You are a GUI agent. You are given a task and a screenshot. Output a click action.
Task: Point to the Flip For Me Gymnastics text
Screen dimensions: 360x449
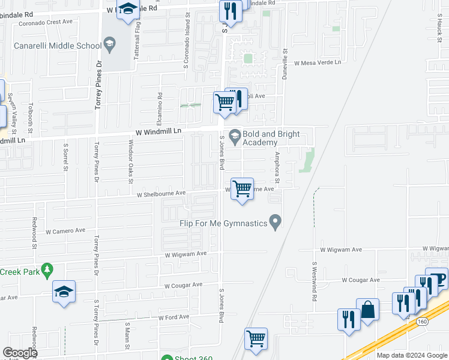point(223,224)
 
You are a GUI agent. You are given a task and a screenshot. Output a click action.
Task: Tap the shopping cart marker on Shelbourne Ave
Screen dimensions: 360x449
point(242,189)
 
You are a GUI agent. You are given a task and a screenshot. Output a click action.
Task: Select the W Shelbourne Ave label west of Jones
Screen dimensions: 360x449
point(161,194)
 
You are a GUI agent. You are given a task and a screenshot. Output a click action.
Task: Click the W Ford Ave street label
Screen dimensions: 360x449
point(173,317)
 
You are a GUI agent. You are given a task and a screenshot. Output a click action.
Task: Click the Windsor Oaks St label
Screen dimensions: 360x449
point(130,161)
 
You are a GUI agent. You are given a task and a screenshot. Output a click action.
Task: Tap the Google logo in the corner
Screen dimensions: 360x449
point(20,353)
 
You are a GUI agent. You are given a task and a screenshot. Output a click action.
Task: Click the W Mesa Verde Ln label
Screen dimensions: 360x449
point(317,62)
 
